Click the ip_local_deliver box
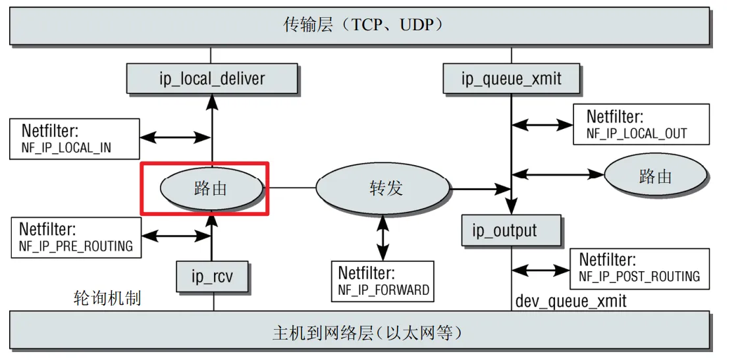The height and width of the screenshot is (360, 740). tap(211, 79)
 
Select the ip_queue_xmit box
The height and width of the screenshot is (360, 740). tap(512, 79)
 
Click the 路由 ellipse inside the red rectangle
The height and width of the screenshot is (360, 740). tap(210, 189)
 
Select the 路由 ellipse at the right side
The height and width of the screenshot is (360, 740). tap(655, 176)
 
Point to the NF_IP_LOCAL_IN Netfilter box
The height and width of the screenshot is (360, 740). tap(74, 139)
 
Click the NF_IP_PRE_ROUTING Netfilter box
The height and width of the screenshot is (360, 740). tap(76, 238)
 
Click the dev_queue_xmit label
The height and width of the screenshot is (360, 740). tap(571, 301)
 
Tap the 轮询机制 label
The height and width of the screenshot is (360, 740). tap(107, 298)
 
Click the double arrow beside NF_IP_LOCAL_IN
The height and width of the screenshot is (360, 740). tap(174, 138)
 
